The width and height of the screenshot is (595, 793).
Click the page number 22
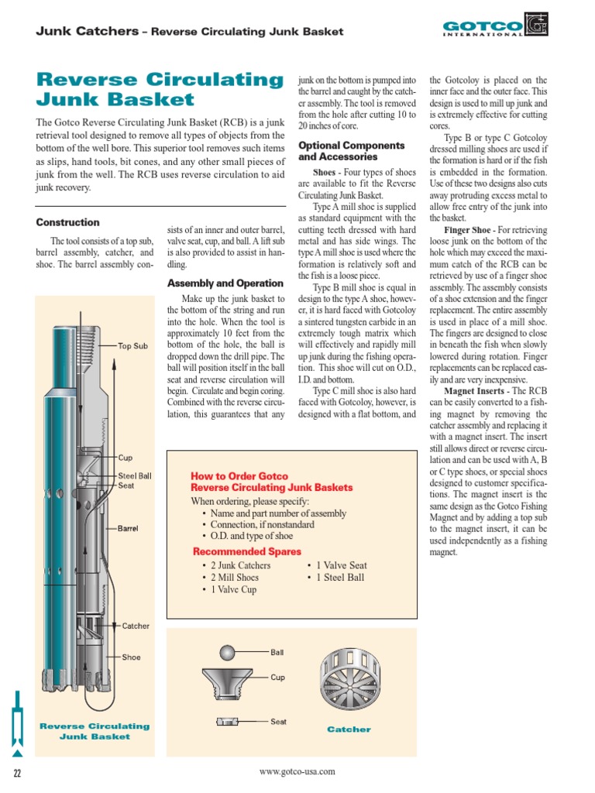[x=16, y=773]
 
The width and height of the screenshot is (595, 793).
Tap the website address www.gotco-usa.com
[x=297, y=771]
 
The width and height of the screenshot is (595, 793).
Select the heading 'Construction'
[x=67, y=222]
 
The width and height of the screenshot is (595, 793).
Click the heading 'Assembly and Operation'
[x=225, y=283]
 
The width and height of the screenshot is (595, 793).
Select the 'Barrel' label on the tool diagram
[x=128, y=528]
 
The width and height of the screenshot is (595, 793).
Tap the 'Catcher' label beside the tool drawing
[x=136, y=626]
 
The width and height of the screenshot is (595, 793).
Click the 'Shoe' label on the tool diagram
[x=131, y=657]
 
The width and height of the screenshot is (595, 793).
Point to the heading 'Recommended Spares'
[x=246, y=551]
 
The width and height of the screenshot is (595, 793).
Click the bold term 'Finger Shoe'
[x=467, y=230]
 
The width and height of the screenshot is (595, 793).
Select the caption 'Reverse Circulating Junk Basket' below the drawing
[x=95, y=731]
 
